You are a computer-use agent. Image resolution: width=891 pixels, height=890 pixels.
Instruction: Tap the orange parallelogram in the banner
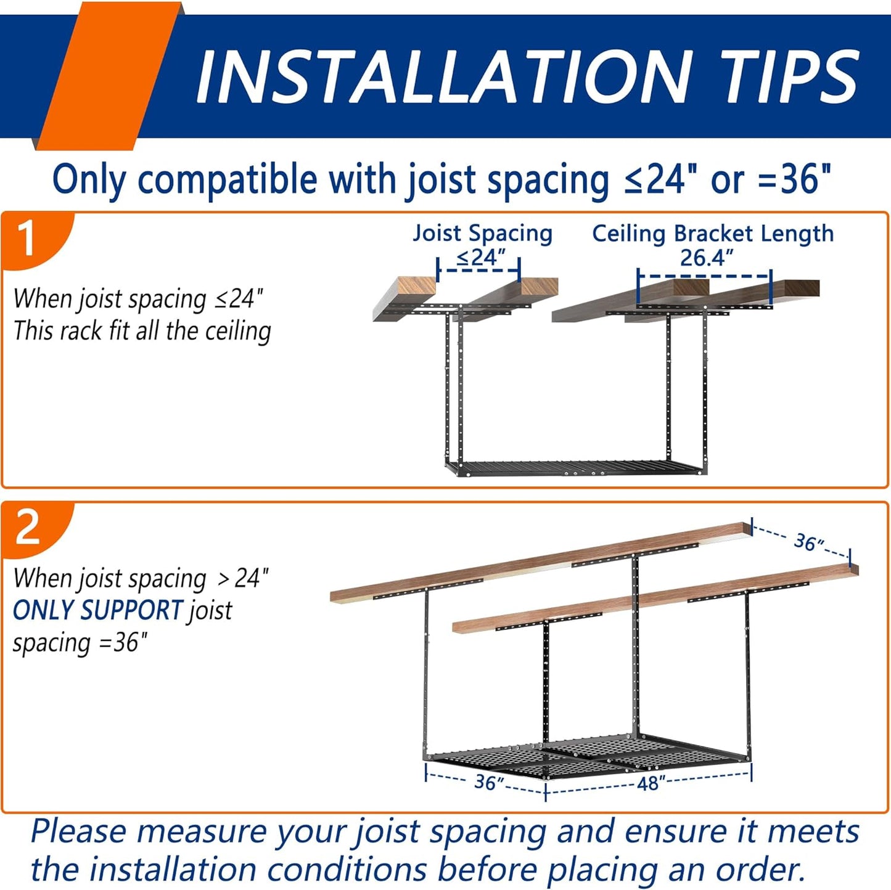[x=108, y=76]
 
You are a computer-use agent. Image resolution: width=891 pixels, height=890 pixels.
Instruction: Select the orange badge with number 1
[x=37, y=240]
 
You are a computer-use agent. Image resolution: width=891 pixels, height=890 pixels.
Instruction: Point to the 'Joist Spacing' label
[x=482, y=233]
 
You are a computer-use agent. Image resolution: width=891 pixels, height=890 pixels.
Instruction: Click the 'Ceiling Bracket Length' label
[x=713, y=233]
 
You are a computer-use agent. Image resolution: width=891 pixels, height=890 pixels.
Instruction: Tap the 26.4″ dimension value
[x=706, y=258]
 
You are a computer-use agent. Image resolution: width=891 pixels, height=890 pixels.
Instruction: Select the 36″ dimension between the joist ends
[x=809, y=542]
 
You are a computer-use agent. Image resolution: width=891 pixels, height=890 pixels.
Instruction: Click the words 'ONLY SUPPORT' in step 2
[x=97, y=610]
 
